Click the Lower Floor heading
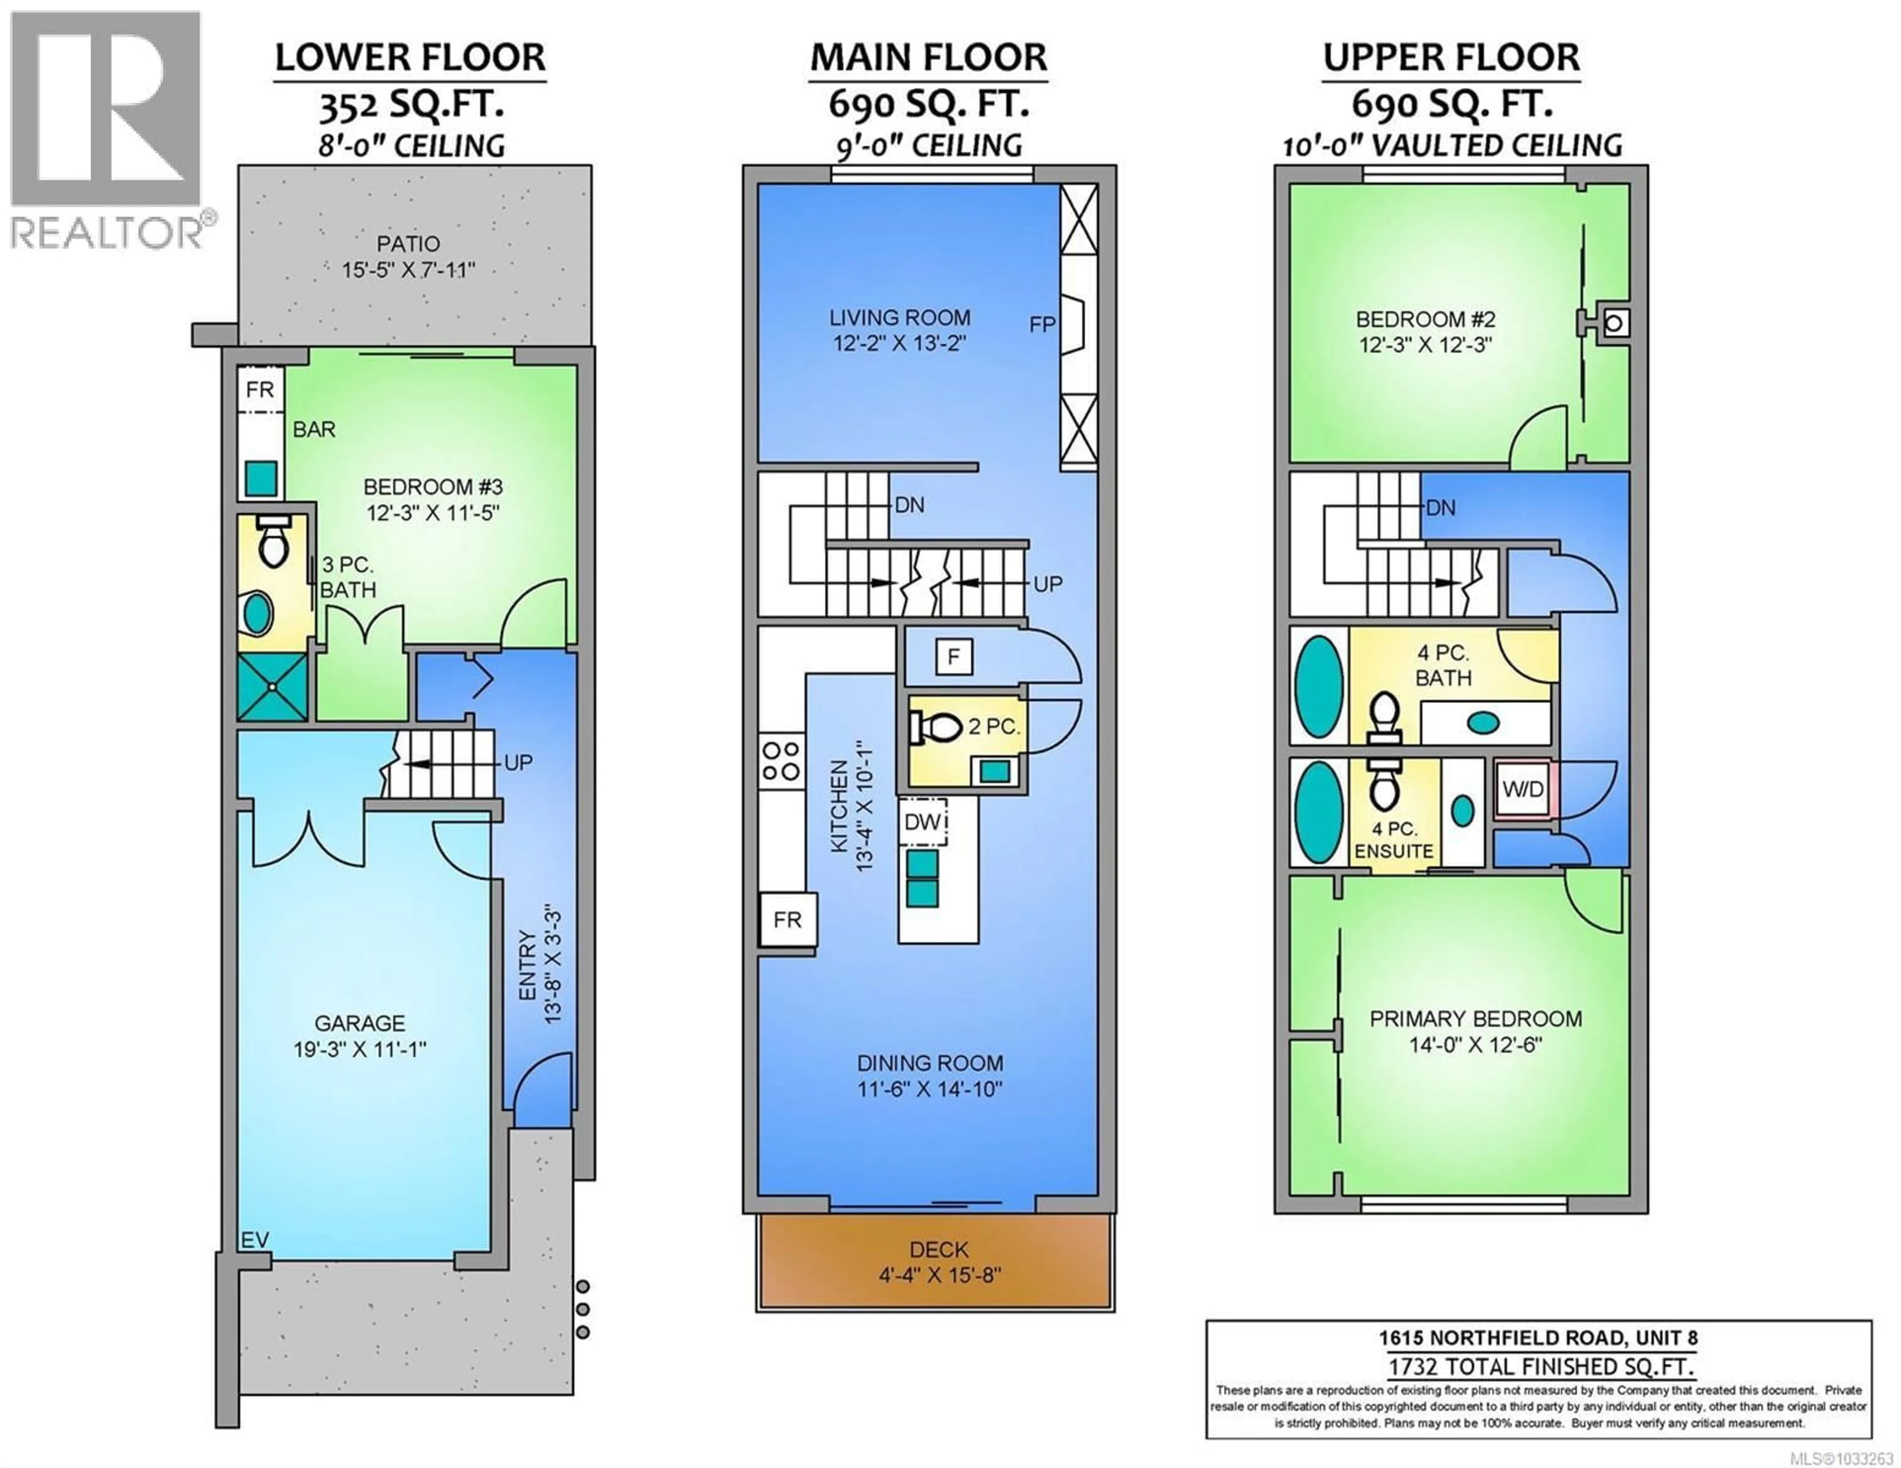(x=410, y=58)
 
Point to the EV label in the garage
(x=254, y=1240)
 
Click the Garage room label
(x=359, y=1023)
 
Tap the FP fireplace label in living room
(x=1042, y=325)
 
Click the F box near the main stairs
(x=953, y=657)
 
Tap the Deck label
(x=938, y=1250)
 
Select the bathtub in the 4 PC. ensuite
(x=1319, y=812)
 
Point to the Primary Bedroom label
(x=1475, y=1018)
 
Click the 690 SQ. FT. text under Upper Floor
(x=1451, y=104)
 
